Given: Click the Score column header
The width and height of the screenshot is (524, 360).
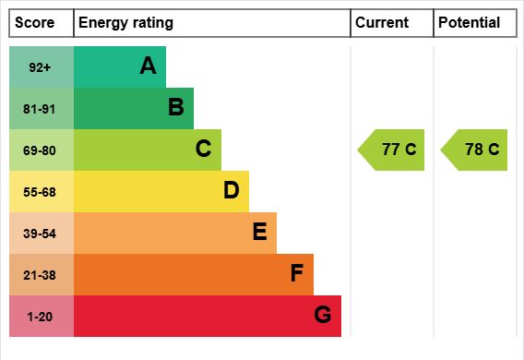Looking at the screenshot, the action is click(x=34, y=23).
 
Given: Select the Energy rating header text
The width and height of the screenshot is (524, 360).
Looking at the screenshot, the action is click(x=125, y=23).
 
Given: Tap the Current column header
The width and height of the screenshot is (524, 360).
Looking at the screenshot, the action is click(x=382, y=23).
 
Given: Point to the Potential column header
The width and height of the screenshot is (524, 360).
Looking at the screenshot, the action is click(x=470, y=23).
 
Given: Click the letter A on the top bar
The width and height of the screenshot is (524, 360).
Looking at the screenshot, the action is click(x=148, y=66).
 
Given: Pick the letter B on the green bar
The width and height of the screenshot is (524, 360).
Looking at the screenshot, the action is click(x=176, y=107).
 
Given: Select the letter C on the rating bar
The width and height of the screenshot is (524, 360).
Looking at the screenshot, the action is click(x=203, y=149).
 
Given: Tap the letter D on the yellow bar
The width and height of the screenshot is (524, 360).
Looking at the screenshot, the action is click(x=232, y=190).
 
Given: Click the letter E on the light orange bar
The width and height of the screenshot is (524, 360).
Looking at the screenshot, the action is click(x=259, y=232).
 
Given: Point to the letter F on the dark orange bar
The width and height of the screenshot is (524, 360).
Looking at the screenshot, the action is click(x=297, y=272).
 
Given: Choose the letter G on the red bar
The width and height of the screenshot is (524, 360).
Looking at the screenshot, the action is click(x=323, y=315).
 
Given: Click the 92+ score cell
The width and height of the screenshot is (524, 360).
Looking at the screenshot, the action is click(x=40, y=67).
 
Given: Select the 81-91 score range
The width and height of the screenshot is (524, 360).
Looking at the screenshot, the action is click(x=39, y=109).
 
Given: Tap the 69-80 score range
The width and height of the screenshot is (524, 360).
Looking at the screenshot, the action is click(x=39, y=150).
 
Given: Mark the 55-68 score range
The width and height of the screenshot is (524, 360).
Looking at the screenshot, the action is click(x=40, y=192).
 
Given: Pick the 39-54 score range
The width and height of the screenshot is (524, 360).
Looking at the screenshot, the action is click(x=40, y=234).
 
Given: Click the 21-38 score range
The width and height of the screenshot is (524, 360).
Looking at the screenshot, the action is click(x=40, y=275).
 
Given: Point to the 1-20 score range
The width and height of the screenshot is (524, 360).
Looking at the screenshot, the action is click(x=40, y=317).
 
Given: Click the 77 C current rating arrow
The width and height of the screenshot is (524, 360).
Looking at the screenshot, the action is click(x=391, y=150).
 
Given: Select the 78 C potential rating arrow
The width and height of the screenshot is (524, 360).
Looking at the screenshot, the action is click(x=474, y=150).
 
